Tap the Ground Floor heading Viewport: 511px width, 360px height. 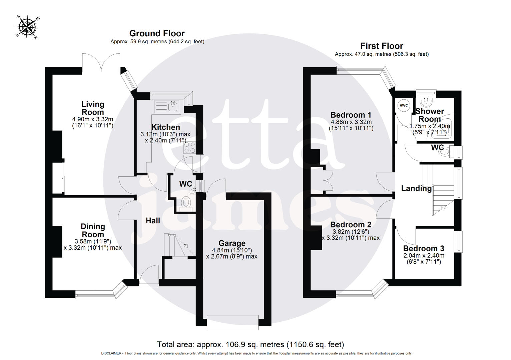157,33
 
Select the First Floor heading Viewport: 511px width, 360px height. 382,46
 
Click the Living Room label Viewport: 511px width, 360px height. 93,108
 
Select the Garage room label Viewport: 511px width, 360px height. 232,243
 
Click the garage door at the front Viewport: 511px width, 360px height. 232,322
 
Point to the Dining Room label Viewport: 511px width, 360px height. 93,230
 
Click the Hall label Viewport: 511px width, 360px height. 153,221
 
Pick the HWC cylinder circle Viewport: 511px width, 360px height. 404,106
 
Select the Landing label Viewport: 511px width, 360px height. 416,189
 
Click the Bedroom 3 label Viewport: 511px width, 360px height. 424,249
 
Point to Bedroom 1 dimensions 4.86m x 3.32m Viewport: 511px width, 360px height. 351,122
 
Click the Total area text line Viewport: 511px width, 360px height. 250,344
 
